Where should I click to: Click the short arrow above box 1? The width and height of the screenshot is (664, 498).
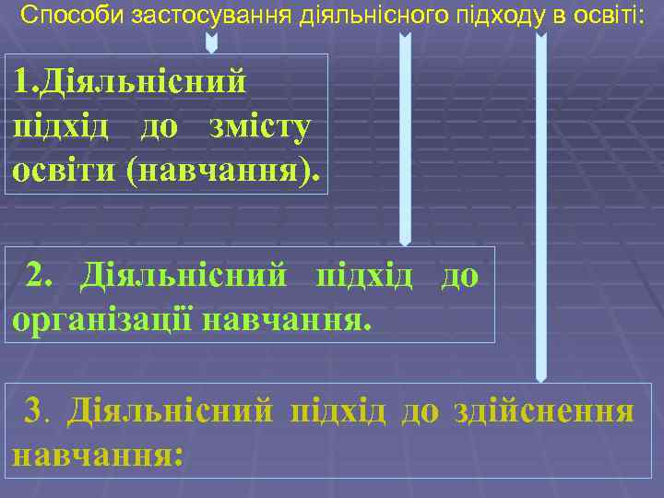(x=211, y=42)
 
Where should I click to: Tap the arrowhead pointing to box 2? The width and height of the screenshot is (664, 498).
(x=404, y=239)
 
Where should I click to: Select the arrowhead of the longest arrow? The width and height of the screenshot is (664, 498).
(x=541, y=373)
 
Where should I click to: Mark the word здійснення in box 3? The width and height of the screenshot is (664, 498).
(x=544, y=409)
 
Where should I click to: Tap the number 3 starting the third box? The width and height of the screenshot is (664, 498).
(x=35, y=409)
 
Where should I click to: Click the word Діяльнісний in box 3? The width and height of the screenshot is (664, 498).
(x=171, y=409)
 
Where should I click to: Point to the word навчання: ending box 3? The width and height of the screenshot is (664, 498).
(x=97, y=454)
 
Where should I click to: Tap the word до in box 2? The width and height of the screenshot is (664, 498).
(x=459, y=275)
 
